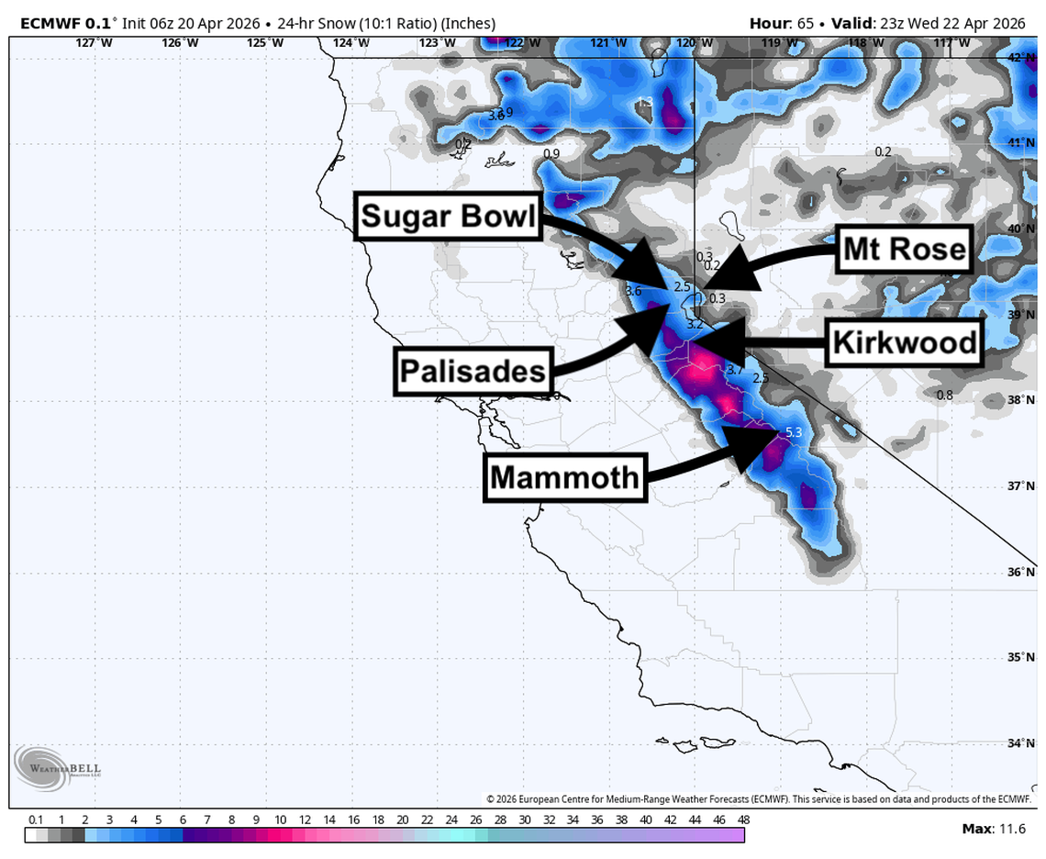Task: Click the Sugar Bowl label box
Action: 447,218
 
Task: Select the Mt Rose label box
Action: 904,249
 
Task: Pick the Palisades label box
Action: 473,372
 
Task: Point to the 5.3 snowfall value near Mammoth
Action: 794,432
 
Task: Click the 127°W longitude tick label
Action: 88,42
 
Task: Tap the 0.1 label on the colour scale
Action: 37,820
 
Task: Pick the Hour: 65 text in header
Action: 780,23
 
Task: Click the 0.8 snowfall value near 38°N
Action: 944,395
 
